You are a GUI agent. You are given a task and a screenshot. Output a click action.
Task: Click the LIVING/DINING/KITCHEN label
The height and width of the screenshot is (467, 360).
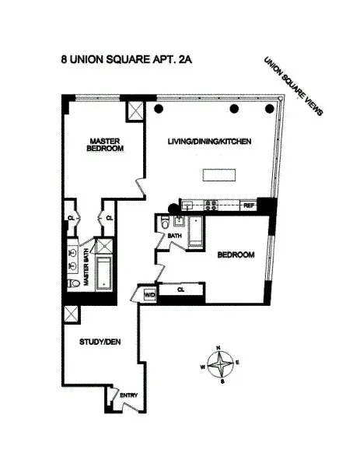(204, 142)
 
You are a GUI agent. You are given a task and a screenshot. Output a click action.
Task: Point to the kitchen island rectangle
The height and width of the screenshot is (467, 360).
(221, 174)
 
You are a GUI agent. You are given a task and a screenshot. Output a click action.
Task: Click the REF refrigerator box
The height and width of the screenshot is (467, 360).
(249, 205)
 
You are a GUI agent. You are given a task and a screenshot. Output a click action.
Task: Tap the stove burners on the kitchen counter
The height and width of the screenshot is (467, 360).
(211, 205)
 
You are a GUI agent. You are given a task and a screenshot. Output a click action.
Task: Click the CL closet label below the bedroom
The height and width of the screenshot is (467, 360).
(180, 290)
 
